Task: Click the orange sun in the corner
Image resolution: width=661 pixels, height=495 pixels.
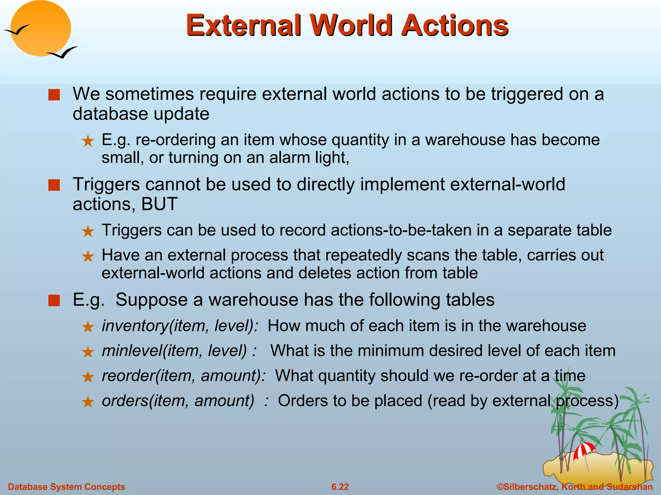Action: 40,28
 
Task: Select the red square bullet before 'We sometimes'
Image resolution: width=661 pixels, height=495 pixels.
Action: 54,95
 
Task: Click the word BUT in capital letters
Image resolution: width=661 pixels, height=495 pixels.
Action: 159,204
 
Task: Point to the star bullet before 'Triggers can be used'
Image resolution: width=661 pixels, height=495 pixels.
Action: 88,231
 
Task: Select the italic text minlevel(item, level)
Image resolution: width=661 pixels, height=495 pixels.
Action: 174,351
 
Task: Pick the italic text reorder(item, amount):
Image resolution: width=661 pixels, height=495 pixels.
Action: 184,376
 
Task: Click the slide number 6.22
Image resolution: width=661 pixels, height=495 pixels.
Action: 340,487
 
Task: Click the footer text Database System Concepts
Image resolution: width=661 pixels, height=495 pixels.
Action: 66,487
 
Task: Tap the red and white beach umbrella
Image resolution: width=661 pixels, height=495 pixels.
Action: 584,450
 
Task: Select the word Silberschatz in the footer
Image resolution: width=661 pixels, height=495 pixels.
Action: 531,487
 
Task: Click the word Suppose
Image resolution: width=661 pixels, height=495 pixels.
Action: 151,300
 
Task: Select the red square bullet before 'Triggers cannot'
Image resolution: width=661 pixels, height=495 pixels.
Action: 54,185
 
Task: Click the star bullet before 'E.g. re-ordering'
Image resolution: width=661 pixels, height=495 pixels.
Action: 88,141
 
